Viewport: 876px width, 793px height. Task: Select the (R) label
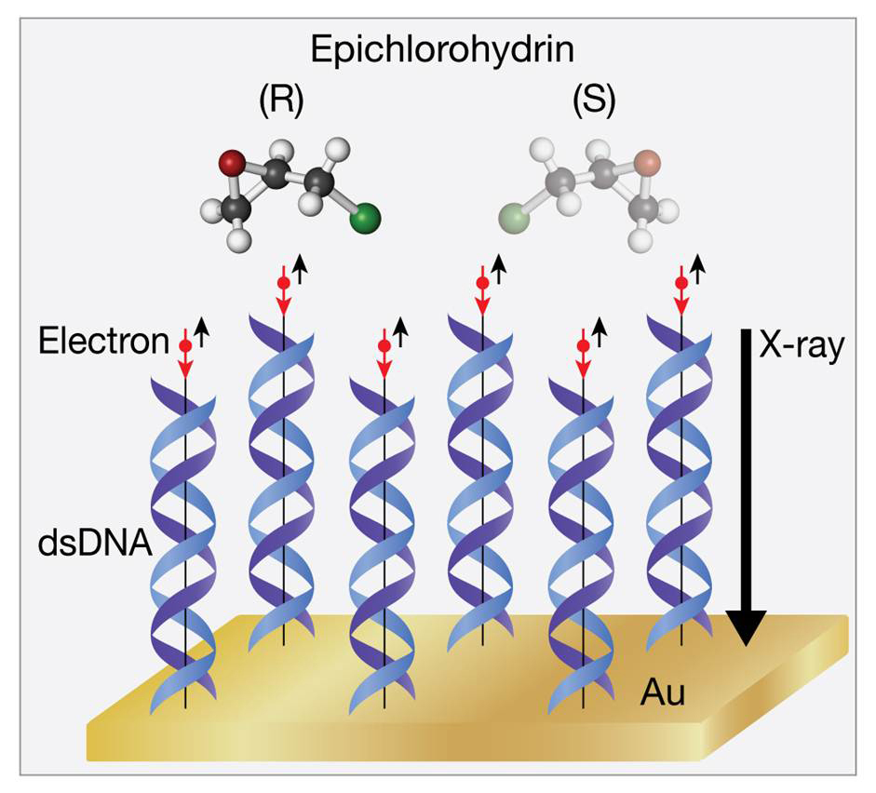pyautogui.click(x=281, y=101)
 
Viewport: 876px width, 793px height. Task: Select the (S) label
pyautogui.click(x=593, y=101)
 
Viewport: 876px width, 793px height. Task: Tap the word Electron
pyautogui.click(x=103, y=342)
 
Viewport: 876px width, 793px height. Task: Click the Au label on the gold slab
pyautogui.click(x=662, y=693)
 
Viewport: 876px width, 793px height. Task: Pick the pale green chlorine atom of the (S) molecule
pyautogui.click(x=513, y=222)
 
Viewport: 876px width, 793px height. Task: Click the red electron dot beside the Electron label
pyautogui.click(x=184, y=345)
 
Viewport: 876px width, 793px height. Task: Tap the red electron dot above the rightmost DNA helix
pyautogui.click(x=681, y=281)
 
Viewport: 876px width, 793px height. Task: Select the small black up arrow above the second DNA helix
pyautogui.click(x=300, y=269)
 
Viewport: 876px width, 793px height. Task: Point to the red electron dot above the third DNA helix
pyautogui.click(x=384, y=345)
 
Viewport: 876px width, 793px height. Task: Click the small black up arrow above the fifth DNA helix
pyautogui.click(x=600, y=331)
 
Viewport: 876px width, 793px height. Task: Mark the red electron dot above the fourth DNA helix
pyautogui.click(x=482, y=281)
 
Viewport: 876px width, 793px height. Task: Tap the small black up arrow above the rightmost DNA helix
pyautogui.click(x=697, y=269)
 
